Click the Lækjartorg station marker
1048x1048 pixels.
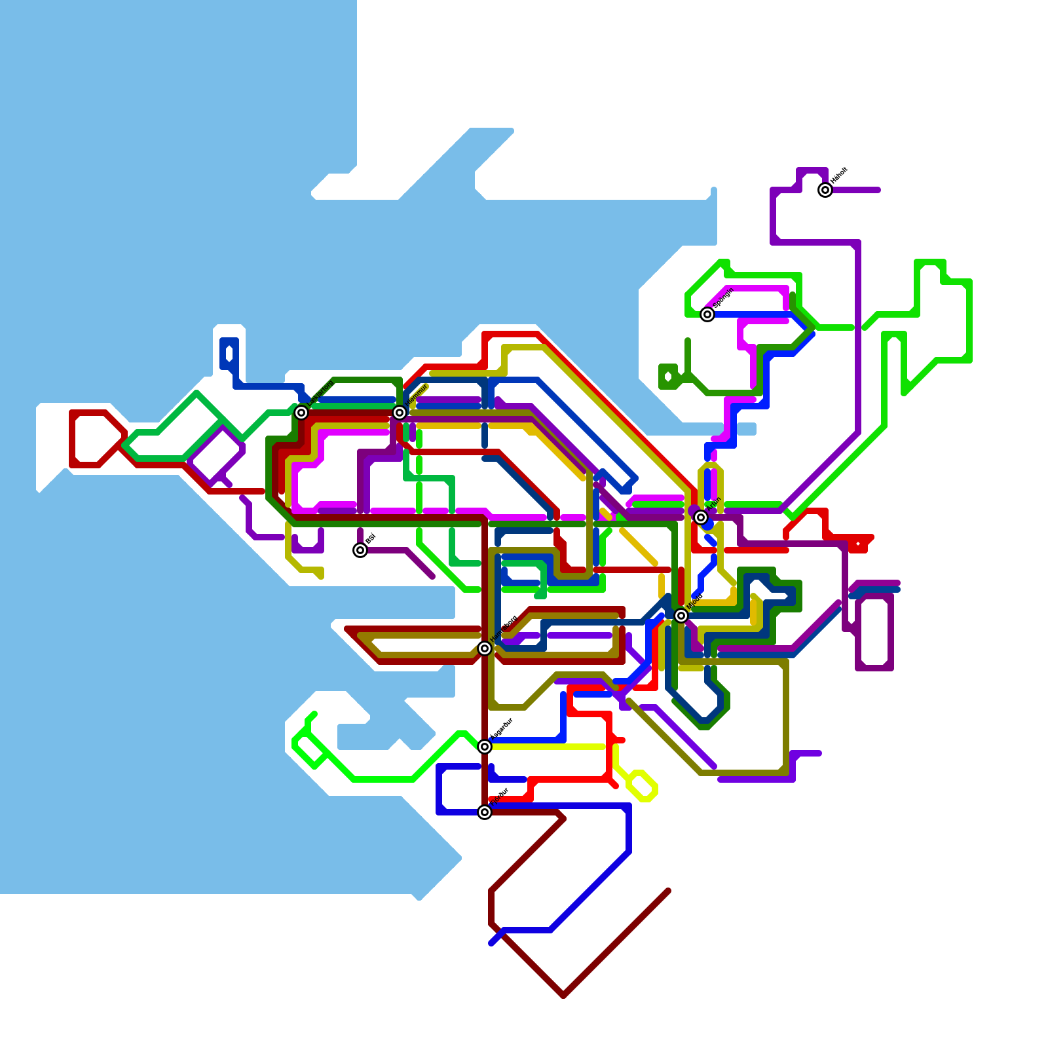301,413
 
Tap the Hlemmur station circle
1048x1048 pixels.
400,413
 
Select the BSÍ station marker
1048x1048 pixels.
360,550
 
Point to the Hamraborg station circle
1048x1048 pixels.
485,648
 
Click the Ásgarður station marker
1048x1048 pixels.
485,747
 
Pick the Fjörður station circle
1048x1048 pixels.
485,812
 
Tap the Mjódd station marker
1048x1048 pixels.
681,616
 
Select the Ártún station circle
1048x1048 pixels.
701,517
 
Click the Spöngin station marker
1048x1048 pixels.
707,314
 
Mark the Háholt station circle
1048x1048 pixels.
825,190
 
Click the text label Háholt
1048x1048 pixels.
839,176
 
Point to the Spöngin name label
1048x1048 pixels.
723,299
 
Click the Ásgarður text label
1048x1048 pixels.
502,729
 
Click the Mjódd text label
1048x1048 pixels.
696,601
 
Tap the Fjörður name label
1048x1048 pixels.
500,796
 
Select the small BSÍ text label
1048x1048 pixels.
370,538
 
